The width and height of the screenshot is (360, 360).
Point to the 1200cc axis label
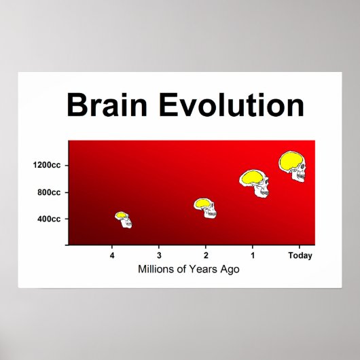click(x=47, y=165)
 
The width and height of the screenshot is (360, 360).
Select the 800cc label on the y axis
click(x=49, y=192)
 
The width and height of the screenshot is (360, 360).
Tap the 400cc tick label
click(x=49, y=219)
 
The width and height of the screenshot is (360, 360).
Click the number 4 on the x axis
click(x=112, y=255)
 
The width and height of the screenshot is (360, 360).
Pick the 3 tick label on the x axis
click(x=159, y=255)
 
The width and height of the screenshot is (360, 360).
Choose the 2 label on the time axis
click(x=206, y=255)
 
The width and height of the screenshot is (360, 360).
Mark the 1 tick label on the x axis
click(x=253, y=255)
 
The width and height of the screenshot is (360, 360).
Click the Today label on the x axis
click(x=300, y=255)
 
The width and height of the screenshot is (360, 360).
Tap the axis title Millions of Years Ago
click(x=189, y=269)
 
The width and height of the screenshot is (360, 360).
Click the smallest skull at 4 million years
click(x=124, y=219)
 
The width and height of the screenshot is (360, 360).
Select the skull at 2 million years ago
click(x=205, y=208)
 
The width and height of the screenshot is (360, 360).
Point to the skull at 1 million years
click(x=255, y=183)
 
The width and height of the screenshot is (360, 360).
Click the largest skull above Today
click(x=293, y=166)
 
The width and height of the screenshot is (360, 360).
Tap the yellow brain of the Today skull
click(x=291, y=162)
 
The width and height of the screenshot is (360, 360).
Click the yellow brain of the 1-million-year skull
click(x=251, y=178)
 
